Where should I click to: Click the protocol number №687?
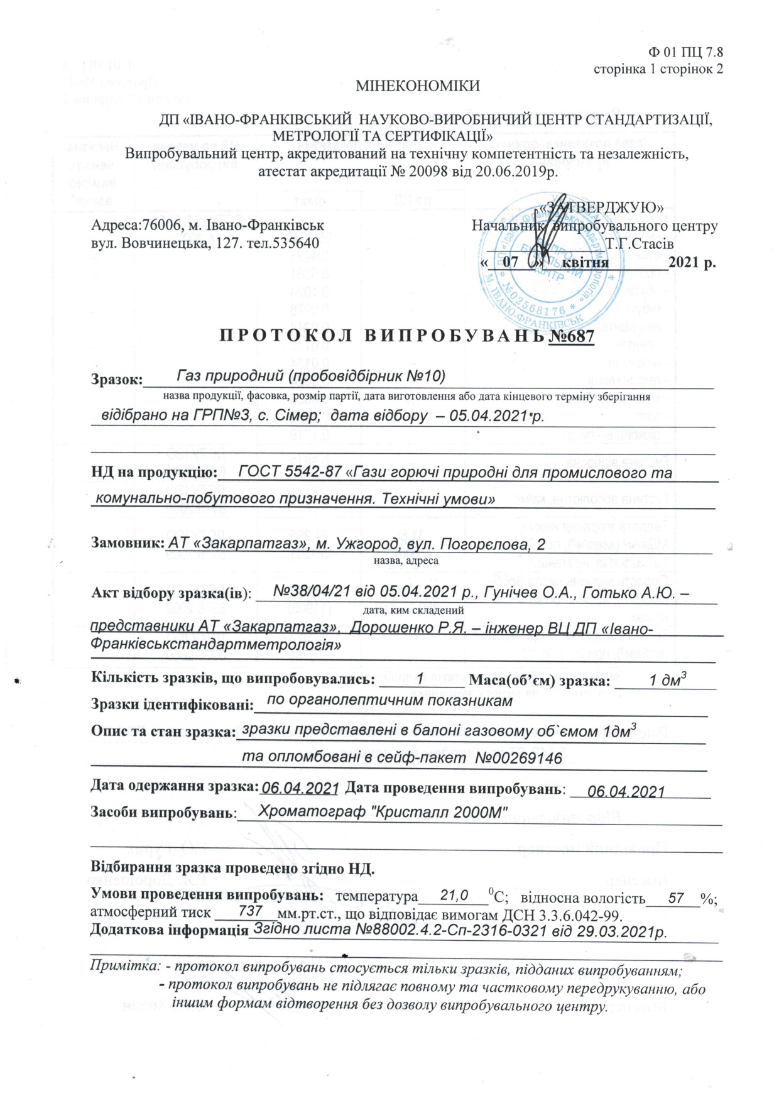pos(571,336)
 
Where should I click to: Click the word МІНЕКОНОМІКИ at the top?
pos(418,86)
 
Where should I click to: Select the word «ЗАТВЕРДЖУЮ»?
pos(602,207)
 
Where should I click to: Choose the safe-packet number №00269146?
pos(518,758)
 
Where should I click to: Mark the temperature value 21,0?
pos(454,895)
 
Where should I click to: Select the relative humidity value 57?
pos(676,897)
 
